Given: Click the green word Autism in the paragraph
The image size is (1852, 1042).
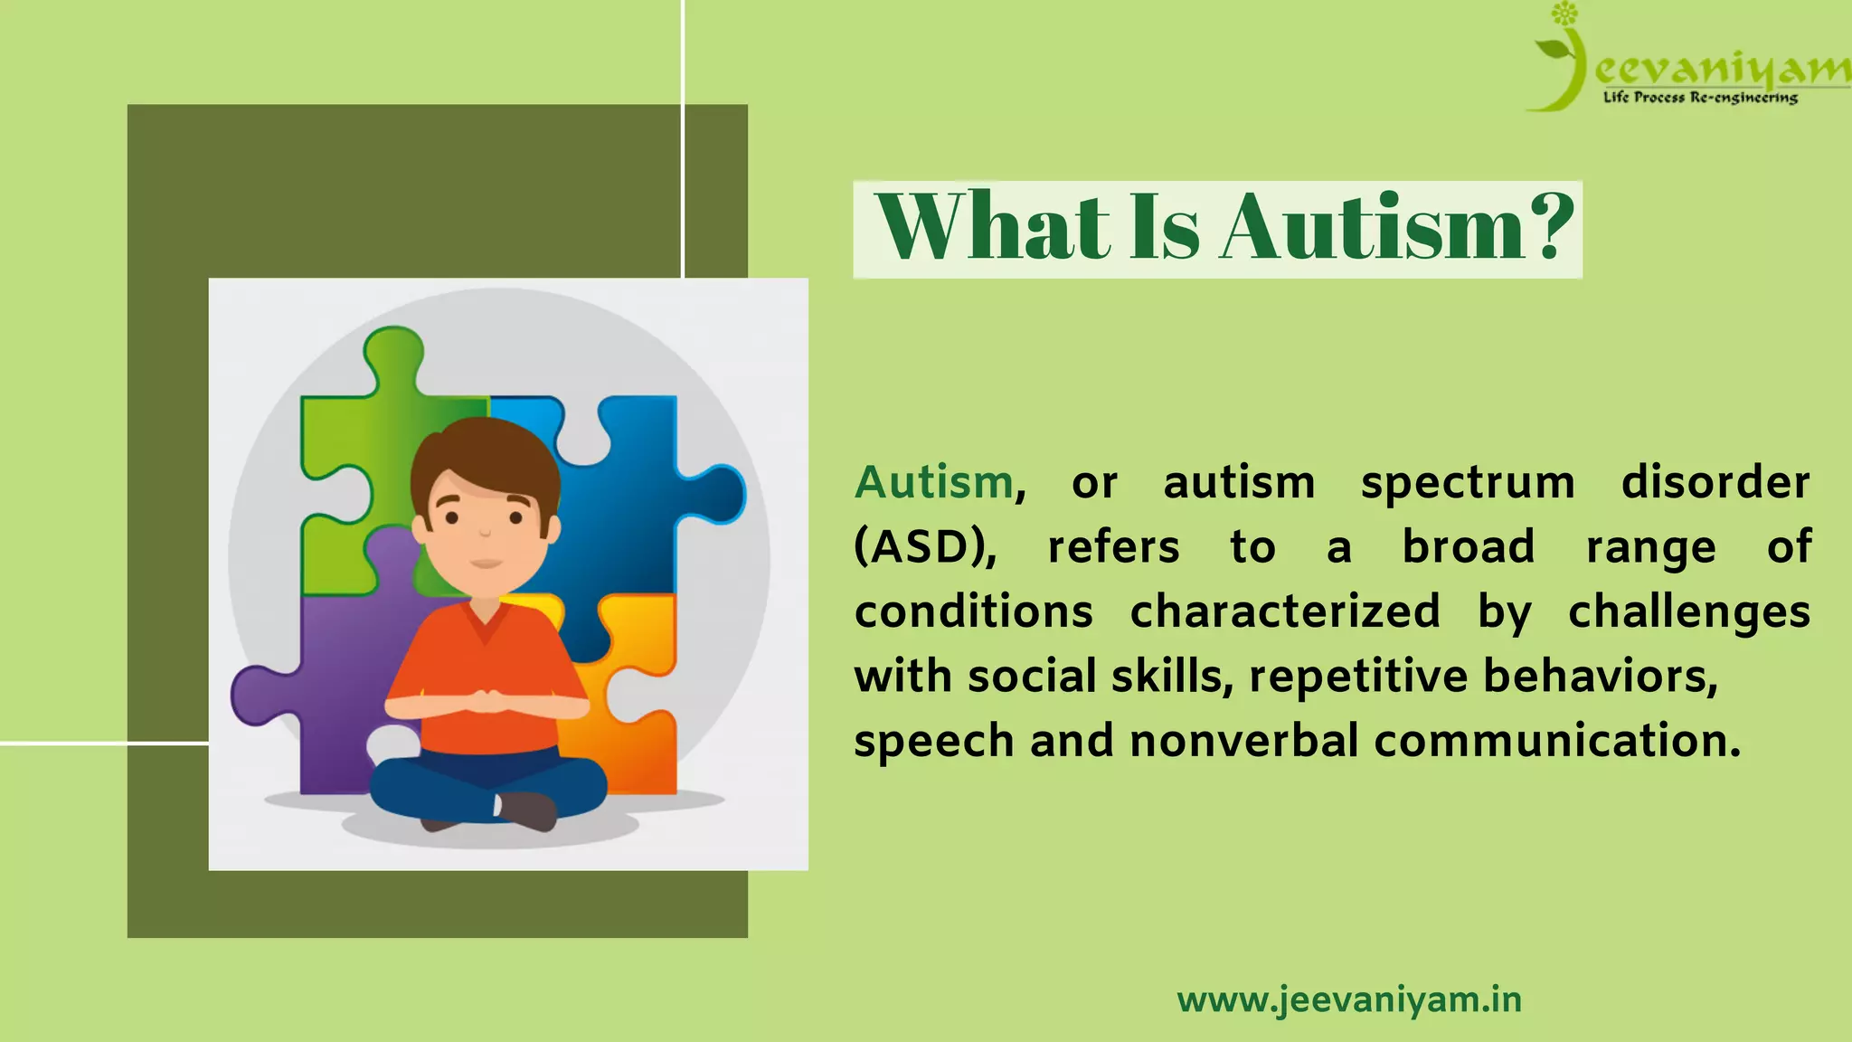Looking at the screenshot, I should pyautogui.click(x=934, y=482).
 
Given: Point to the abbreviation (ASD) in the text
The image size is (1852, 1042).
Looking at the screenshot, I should pyautogui.click(x=925, y=547).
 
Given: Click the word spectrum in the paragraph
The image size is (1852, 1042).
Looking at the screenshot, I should pyautogui.click(x=1468, y=484).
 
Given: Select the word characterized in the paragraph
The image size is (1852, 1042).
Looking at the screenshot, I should pyautogui.click(x=1285, y=611).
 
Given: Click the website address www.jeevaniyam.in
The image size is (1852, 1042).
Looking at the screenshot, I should pyautogui.click(x=1349, y=1000).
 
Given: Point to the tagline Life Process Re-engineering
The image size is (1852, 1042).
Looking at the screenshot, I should pyautogui.click(x=1700, y=98).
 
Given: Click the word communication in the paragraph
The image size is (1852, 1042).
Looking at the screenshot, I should pyautogui.click(x=1557, y=741).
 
